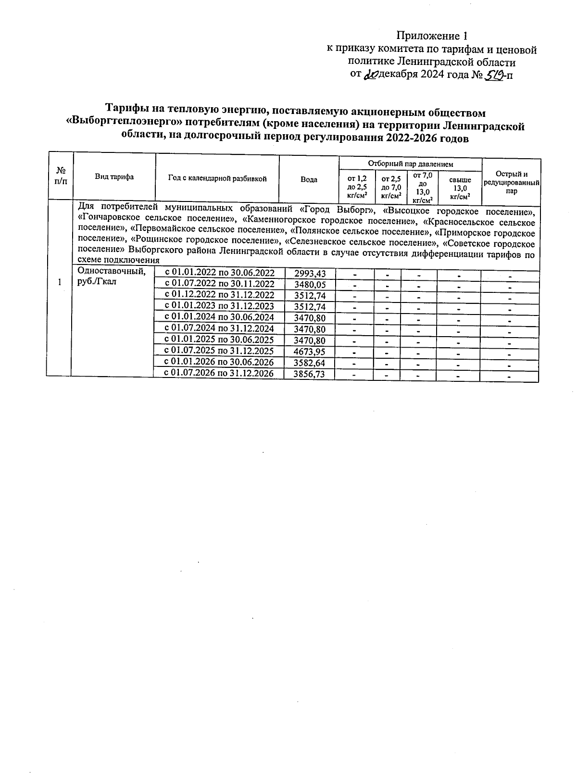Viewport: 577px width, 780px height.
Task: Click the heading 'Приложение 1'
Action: coord(432,36)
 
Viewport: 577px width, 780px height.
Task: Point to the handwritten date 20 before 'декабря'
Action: coord(371,75)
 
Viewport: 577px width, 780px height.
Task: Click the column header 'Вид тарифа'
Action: coord(114,177)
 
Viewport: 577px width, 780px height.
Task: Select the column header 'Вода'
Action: coord(309,179)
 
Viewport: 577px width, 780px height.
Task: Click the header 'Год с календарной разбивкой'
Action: coord(217,178)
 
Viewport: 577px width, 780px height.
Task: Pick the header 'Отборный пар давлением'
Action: coord(411,164)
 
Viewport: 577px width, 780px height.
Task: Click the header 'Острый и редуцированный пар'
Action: coord(512,182)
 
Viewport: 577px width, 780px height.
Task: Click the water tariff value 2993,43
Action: coord(310,274)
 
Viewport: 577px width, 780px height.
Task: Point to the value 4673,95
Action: coord(310,352)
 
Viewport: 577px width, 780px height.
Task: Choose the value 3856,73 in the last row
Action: coord(310,374)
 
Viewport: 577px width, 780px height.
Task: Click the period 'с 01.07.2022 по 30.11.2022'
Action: coord(220,284)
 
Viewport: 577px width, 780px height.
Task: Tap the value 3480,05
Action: coord(310,285)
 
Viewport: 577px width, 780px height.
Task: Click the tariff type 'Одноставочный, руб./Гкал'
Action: coord(111,276)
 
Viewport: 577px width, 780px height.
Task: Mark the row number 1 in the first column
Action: coord(59,282)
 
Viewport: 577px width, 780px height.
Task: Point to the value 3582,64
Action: coord(310,363)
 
